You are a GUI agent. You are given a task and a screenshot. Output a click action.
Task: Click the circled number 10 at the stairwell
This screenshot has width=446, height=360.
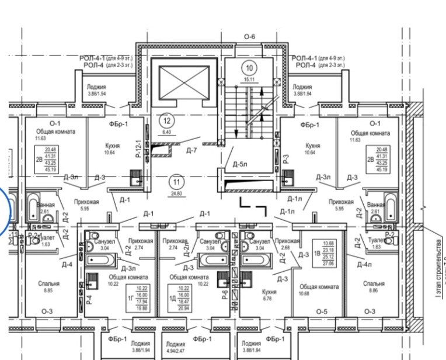249,67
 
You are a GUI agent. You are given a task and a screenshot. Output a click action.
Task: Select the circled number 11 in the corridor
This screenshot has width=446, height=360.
175,181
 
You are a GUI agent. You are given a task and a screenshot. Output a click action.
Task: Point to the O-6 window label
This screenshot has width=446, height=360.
250,37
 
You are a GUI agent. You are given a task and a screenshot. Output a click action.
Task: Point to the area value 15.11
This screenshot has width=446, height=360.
249,79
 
